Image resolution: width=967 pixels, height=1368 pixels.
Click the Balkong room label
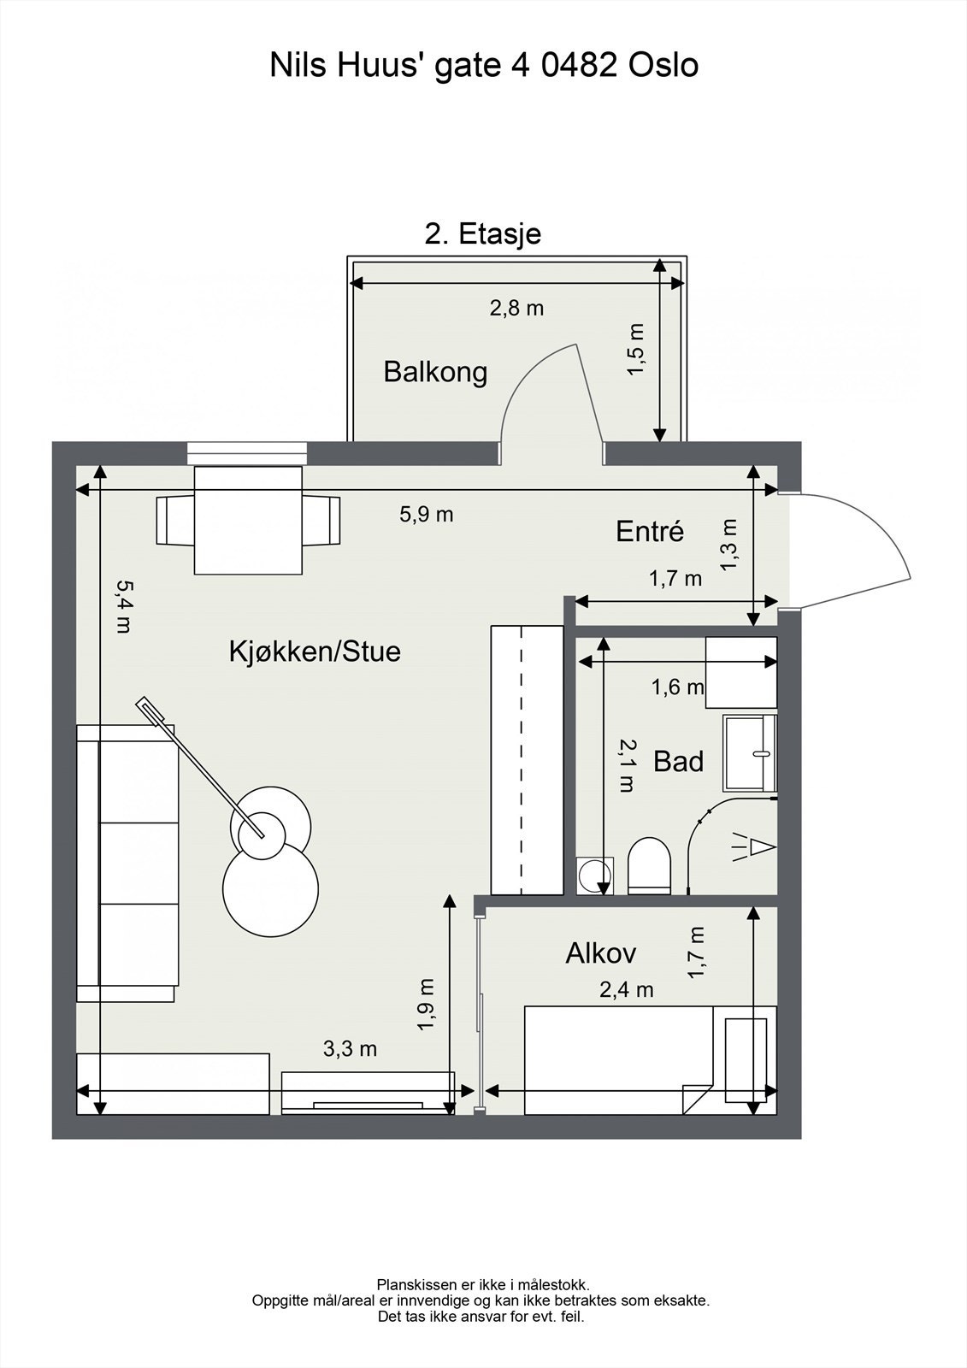click(x=435, y=372)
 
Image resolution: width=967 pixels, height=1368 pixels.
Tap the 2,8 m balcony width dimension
click(x=516, y=308)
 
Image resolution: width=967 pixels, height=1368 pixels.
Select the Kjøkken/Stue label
click(x=315, y=652)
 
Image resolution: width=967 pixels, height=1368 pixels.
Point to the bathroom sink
click(x=750, y=753)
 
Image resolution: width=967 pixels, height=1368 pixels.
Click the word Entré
click(x=650, y=531)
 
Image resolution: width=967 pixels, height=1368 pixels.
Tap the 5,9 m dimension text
click(x=427, y=514)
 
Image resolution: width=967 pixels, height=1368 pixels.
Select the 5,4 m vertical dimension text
click(x=123, y=605)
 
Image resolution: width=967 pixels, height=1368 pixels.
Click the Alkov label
click(x=600, y=953)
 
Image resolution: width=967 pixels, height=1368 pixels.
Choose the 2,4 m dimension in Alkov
click(x=626, y=989)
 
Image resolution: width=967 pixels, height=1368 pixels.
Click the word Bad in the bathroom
click(x=678, y=761)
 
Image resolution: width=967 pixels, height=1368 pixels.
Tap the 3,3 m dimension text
click(x=350, y=1048)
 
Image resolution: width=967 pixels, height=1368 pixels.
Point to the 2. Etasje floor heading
click(x=483, y=233)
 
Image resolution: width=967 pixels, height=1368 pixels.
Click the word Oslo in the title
click(x=663, y=65)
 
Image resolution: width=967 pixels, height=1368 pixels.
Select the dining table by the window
click(x=249, y=520)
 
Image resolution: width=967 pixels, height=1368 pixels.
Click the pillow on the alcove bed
click(x=746, y=1060)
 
